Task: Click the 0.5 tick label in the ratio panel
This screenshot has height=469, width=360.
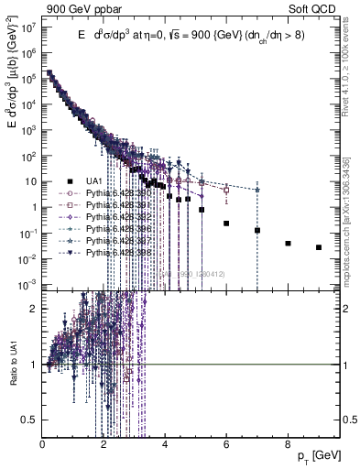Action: click(29, 419)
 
